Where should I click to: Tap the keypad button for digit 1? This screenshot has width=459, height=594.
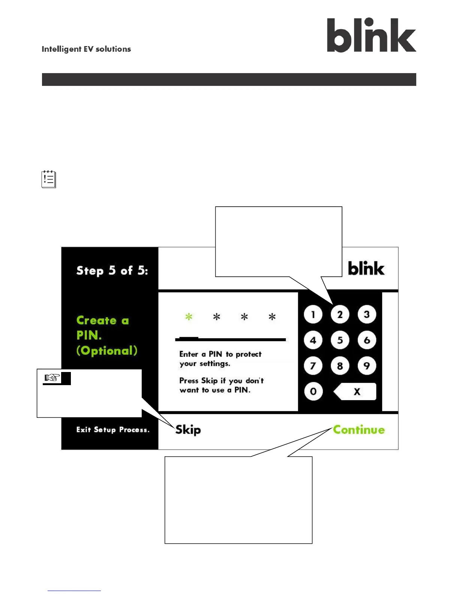click(313, 315)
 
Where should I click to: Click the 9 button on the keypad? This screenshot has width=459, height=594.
click(367, 366)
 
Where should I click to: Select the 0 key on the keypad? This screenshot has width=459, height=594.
click(313, 392)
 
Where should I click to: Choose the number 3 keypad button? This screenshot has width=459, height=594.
click(367, 315)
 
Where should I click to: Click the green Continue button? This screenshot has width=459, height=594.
click(359, 430)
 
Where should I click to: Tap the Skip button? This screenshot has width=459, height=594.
click(188, 430)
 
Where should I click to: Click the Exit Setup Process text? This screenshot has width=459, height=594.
click(113, 430)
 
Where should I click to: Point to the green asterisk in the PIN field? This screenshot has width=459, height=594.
click(189, 317)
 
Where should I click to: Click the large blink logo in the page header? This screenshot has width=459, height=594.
click(371, 35)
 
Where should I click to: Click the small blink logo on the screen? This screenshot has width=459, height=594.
click(366, 268)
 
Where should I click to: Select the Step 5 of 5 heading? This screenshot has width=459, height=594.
click(112, 271)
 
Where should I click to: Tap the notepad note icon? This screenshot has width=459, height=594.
click(49, 179)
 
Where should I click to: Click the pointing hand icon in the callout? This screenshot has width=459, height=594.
click(52, 378)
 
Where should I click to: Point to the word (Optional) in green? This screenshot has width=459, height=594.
click(107, 351)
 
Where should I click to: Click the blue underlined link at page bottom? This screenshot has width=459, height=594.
click(74, 590)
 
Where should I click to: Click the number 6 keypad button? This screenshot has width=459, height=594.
click(367, 340)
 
